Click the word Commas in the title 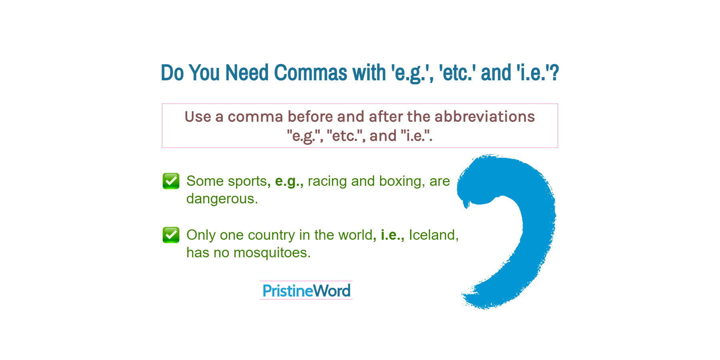click(310, 73)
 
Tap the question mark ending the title click(554, 73)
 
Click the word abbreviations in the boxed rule click(485, 117)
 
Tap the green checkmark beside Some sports click(171, 181)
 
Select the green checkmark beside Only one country click(171, 235)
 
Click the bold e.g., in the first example click(289, 181)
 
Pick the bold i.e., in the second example click(392, 235)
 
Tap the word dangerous click(222, 199)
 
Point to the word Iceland click(433, 235)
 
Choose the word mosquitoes click(272, 253)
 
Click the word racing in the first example click(327, 181)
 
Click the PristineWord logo click(306, 290)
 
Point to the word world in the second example click(357, 235)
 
